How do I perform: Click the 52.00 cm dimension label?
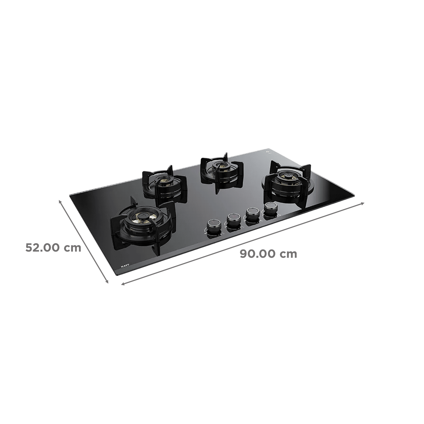pyautogui.click(x=53, y=248)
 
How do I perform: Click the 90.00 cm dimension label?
pyautogui.click(x=268, y=254)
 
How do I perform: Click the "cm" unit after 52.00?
pyautogui.click(x=73, y=248)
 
